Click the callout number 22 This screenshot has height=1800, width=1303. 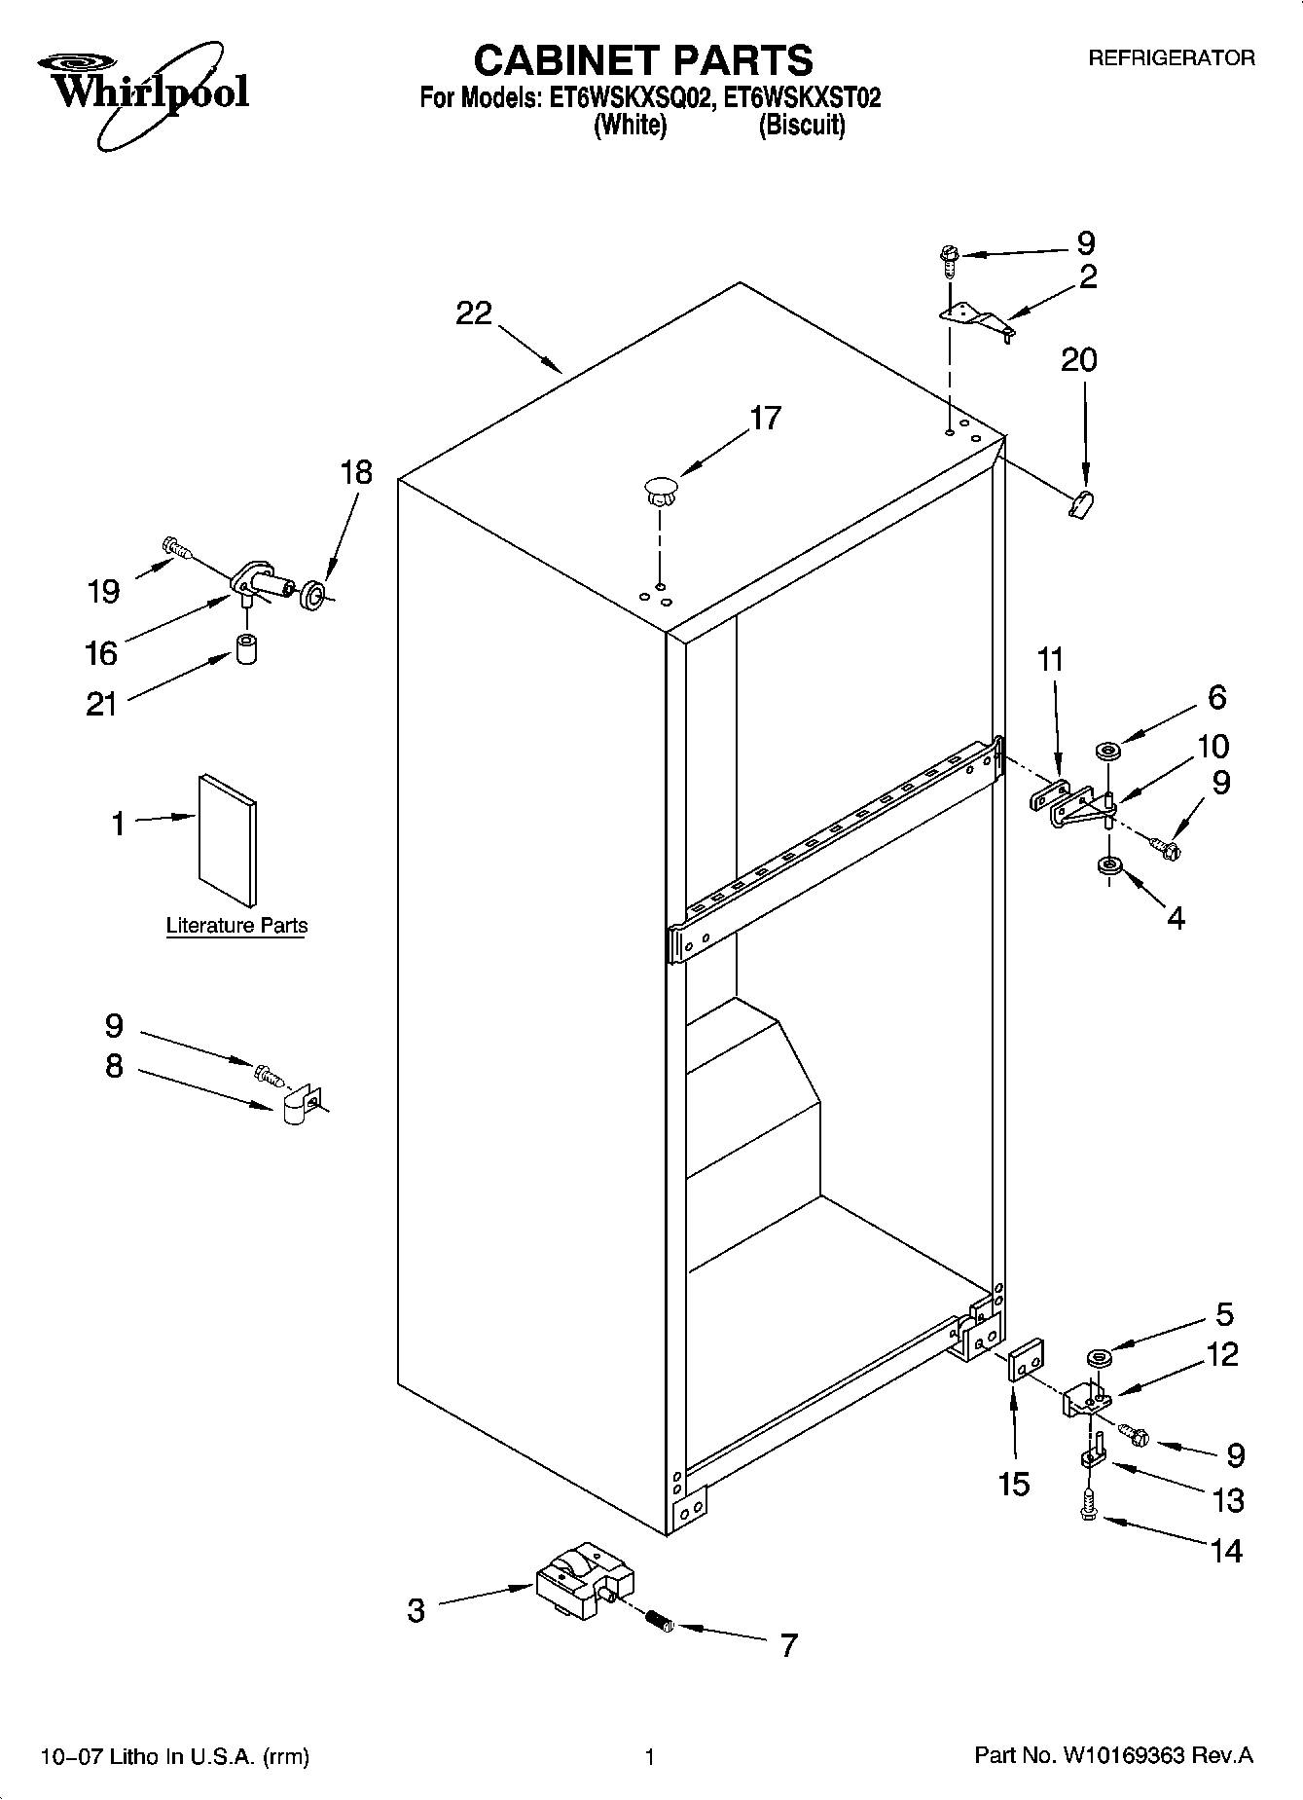coord(474,313)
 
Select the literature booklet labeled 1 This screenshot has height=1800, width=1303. coord(228,838)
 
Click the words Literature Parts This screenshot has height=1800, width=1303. coord(236,926)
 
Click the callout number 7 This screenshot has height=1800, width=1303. coord(788,1645)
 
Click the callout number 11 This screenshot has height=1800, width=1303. coord(1050,659)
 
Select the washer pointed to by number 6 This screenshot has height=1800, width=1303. coord(1107,750)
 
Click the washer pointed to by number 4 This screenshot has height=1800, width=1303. coord(1106,864)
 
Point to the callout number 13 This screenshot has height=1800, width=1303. coord(1228,1500)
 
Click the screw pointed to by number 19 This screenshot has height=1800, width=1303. coord(176,549)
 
